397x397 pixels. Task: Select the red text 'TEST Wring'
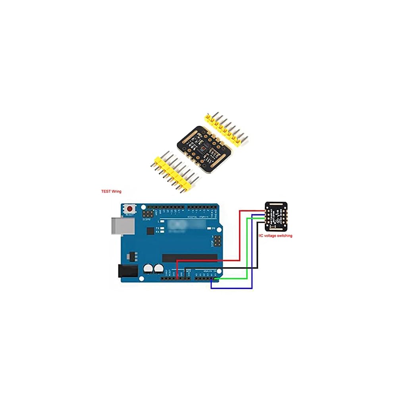point(111,191)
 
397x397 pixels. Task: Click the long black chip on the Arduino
point(190,258)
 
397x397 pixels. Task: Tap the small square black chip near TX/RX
point(150,231)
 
